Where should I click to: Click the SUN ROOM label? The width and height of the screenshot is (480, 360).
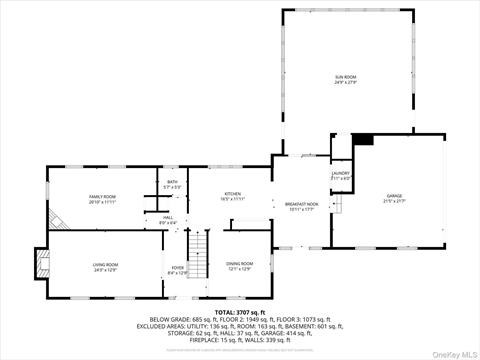point(345,76)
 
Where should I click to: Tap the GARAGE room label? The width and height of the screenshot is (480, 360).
point(394,195)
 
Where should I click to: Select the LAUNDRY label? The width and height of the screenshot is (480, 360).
point(340,174)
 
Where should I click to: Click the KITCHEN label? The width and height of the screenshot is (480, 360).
point(232,194)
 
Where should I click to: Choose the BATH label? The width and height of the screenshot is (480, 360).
point(172,181)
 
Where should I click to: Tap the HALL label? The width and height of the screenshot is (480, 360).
point(168,217)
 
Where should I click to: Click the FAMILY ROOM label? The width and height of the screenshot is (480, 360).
point(103,197)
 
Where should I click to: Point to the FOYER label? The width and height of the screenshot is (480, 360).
point(178,268)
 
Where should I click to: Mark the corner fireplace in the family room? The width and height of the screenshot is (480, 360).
point(59,221)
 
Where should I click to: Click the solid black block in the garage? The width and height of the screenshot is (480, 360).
point(363,140)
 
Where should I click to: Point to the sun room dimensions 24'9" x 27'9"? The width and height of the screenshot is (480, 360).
point(345,82)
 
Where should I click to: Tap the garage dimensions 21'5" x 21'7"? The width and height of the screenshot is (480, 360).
point(394,201)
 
